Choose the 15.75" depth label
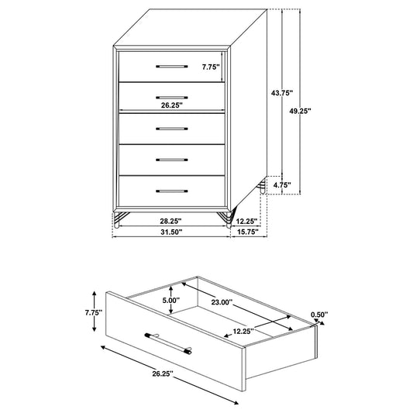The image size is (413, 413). click(x=248, y=232)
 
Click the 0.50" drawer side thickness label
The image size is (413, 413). click(x=318, y=315)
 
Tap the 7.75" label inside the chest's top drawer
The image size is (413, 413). click(x=211, y=67)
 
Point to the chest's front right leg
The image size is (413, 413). click(x=225, y=220)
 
